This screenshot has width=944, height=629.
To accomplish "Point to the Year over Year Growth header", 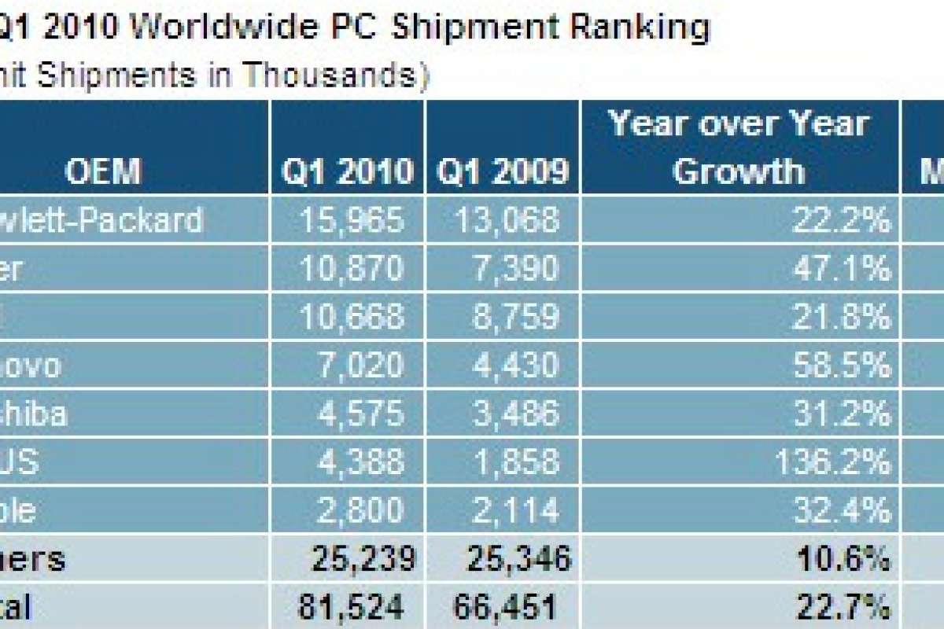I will pos(739,147).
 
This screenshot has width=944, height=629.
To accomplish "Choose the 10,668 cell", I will pos(352,317).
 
